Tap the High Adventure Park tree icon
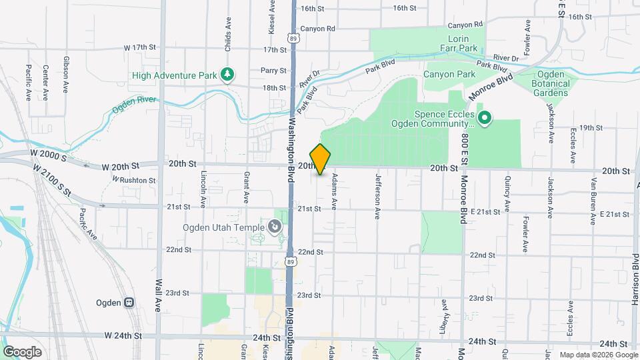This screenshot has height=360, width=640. [228, 75]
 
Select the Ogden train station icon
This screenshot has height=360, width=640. [129, 302]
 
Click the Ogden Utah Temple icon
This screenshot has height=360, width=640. [274, 228]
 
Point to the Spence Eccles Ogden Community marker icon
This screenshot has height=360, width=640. [485, 119]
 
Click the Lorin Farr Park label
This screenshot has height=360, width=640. [459, 44]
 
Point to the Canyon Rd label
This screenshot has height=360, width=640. [317, 29]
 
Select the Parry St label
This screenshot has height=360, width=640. [273, 70]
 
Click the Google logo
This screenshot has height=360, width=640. [23, 351]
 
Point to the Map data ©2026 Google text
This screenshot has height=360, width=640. [598, 355]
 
